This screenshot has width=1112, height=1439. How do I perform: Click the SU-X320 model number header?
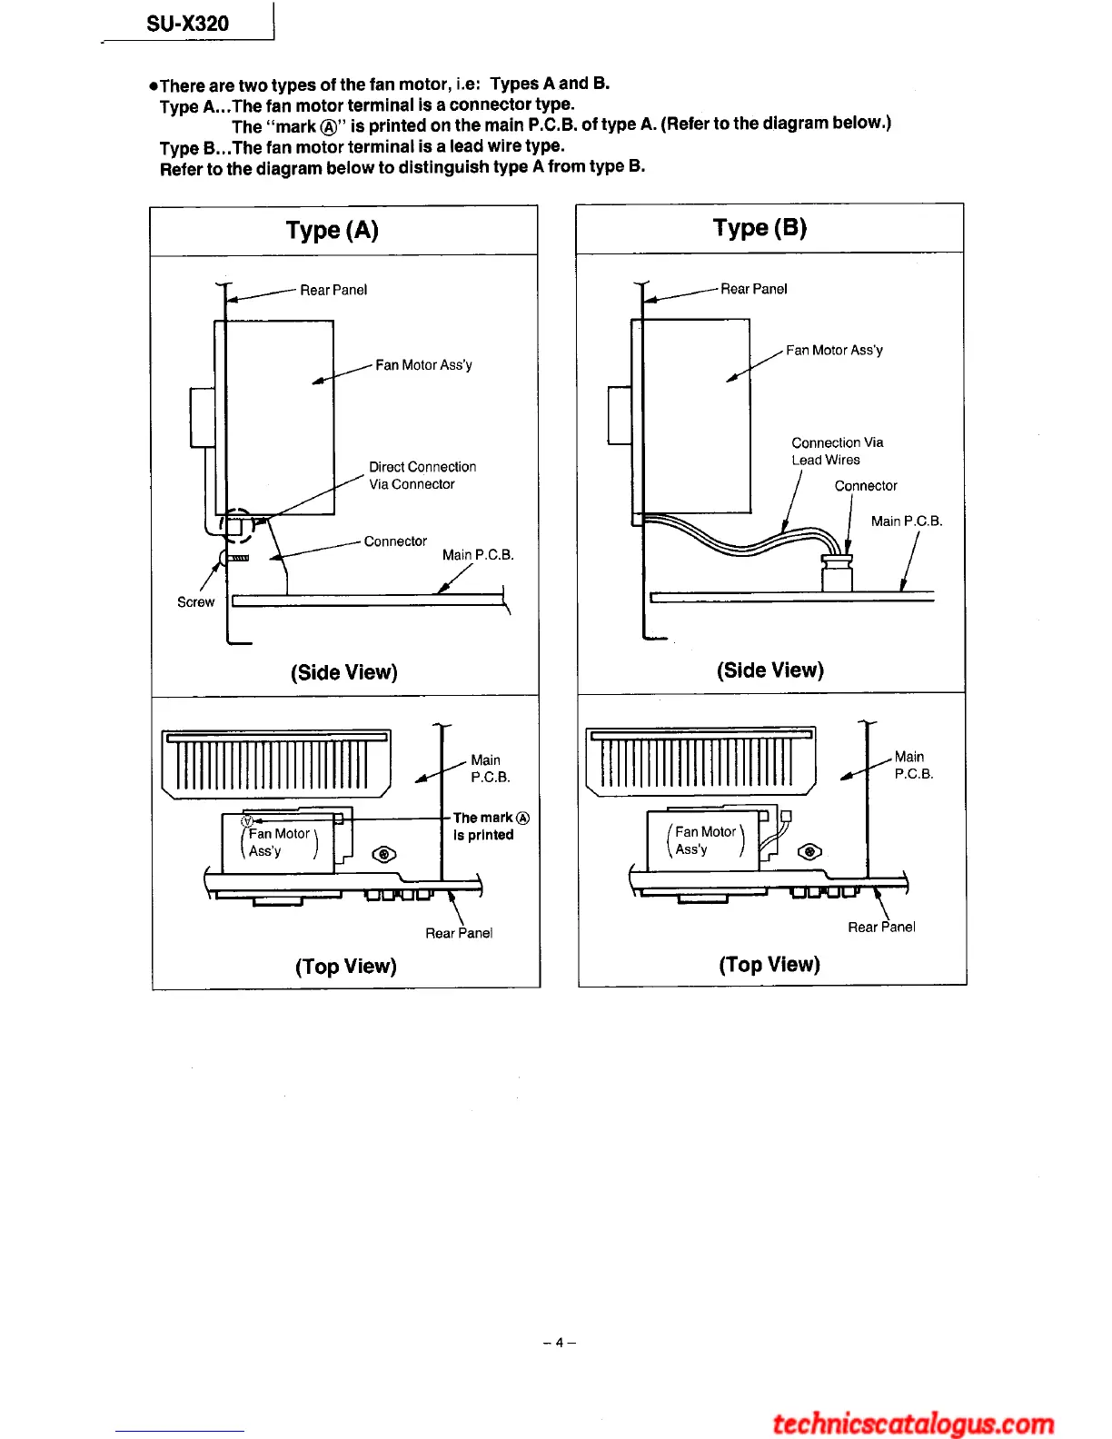tap(188, 24)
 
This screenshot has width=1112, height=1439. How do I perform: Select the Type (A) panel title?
tap(333, 230)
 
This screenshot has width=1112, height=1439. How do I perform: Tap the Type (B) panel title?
tap(760, 228)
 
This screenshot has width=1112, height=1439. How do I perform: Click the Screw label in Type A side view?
tap(195, 602)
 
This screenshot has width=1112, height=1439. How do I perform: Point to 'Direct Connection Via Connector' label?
tap(422, 475)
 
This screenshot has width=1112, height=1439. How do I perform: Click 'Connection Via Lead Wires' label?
tap(837, 451)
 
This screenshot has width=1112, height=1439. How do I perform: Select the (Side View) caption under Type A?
tap(344, 672)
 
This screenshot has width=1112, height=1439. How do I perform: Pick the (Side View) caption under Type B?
tap(770, 670)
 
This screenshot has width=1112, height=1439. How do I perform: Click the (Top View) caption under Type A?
tap(346, 966)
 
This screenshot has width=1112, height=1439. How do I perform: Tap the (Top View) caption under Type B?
tap(769, 964)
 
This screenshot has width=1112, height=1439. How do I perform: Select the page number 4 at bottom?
tap(560, 1342)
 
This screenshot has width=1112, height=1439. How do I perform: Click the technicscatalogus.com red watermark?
tap(913, 1423)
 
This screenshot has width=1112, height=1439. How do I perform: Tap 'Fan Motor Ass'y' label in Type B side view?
tap(834, 350)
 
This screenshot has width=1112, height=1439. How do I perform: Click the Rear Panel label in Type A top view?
tap(459, 933)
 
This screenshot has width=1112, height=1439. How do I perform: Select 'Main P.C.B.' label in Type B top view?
tap(913, 765)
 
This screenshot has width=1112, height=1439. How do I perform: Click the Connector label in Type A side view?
tap(395, 541)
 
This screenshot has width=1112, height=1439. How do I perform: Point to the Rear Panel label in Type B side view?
tap(753, 289)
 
